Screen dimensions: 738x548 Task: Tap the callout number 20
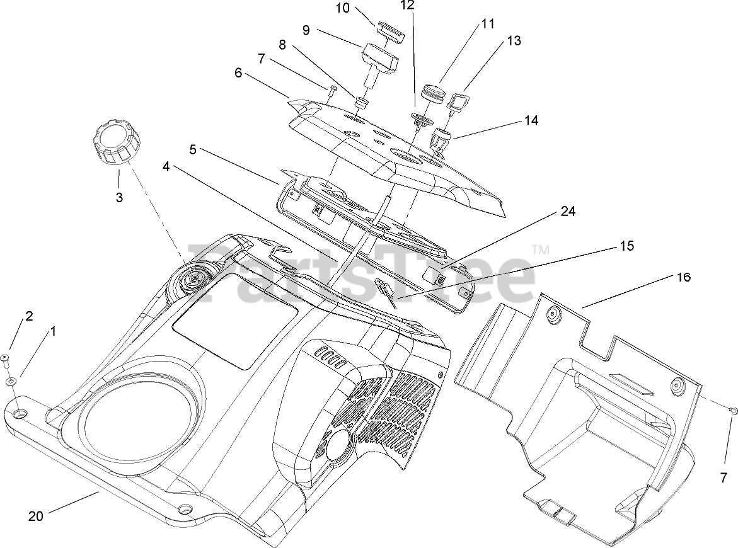coord(36,516)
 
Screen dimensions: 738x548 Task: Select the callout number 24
coord(568,212)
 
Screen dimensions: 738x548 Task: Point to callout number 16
coord(683,278)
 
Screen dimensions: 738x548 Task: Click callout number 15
coord(627,246)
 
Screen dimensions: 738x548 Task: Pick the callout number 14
coord(531,120)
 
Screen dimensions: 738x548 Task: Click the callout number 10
coord(343,8)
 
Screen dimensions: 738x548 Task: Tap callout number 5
coord(192,149)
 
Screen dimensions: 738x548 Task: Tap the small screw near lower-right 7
coord(733,411)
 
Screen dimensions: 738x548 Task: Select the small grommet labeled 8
coord(360,103)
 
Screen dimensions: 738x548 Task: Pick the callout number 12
coord(408,5)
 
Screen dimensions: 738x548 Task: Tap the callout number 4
coord(166,166)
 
